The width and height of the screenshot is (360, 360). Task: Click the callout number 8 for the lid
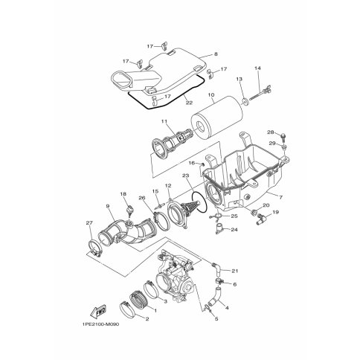tap(216, 54)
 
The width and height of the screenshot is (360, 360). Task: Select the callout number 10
tap(211, 94)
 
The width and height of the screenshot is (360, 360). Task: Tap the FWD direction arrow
tap(97, 310)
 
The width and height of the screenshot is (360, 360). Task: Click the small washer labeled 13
tap(245, 101)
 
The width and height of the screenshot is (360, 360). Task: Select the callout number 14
tap(258, 68)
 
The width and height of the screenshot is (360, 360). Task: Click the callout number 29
tap(272, 144)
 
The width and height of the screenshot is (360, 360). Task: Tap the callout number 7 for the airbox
tap(280, 197)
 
